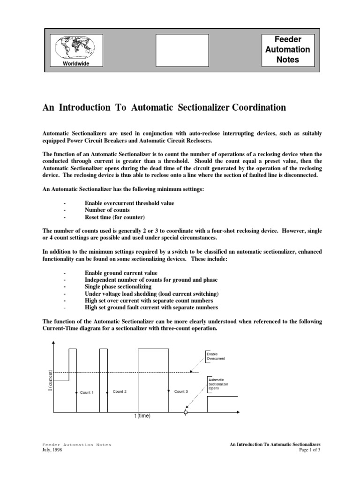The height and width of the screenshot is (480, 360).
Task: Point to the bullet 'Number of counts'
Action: pos(107,210)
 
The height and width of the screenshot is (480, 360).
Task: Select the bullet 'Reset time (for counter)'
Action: pos(115,217)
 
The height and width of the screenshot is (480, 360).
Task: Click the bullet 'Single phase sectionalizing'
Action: pos(118,286)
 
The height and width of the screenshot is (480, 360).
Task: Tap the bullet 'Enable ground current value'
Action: pos(121,272)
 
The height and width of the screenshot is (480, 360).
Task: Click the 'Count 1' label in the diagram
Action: pos(87,392)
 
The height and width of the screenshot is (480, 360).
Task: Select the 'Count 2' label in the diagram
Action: pos(120,391)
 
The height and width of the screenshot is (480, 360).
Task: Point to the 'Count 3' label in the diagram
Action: pos(181,391)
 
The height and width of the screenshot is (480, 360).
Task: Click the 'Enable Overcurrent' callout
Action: pos(216,356)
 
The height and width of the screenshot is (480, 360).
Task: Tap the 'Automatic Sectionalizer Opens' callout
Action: pos(218,384)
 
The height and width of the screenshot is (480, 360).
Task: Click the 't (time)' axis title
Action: pos(141,415)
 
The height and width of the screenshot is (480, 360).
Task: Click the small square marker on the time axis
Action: pos(186,412)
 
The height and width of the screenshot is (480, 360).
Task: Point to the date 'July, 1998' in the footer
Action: pos(52,450)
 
